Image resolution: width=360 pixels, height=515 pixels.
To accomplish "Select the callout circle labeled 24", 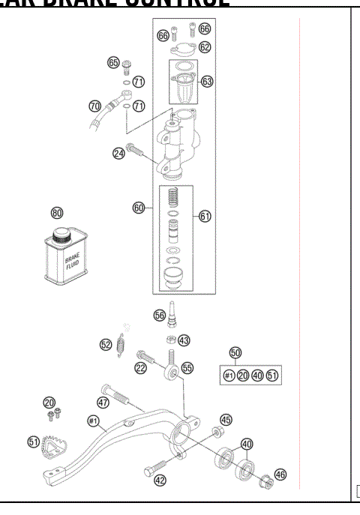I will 118,153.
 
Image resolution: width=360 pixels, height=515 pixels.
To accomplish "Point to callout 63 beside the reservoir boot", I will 208,80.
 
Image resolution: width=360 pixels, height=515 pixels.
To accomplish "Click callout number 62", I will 205,46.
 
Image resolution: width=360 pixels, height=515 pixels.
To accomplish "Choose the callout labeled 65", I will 114,62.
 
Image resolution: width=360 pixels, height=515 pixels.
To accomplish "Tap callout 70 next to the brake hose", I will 94,106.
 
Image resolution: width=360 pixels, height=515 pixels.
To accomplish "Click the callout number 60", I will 139,208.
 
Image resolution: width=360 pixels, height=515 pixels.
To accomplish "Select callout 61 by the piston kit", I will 205,216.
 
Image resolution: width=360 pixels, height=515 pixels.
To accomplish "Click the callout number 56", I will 160,316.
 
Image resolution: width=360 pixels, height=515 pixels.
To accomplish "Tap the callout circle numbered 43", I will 184,341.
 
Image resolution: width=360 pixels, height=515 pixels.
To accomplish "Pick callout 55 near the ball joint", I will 187,367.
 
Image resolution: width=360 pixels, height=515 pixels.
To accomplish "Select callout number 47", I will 103,402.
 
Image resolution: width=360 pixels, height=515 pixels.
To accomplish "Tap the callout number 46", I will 280,474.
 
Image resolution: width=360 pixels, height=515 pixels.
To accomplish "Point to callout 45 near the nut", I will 226,420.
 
